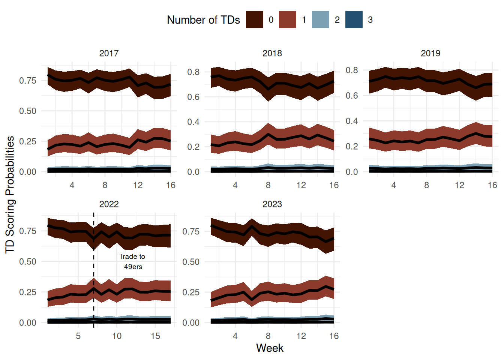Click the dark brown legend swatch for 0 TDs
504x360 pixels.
click(x=254, y=19)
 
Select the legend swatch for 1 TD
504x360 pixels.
click(x=288, y=19)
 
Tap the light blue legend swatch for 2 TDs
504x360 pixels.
click(x=321, y=19)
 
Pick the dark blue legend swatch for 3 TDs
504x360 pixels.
click(x=354, y=19)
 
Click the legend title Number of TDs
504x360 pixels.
click(x=203, y=20)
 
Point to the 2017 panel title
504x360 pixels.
click(x=109, y=53)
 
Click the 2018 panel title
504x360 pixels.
click(x=272, y=53)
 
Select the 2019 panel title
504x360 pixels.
click(x=430, y=53)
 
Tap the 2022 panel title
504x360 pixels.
click(x=109, y=204)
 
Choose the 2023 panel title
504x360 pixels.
click(x=272, y=204)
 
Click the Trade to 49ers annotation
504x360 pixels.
click(x=132, y=261)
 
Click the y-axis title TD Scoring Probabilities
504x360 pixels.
click(x=10, y=195)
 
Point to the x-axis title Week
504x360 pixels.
click(x=270, y=348)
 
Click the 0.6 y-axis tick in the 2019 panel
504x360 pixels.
click(x=352, y=96)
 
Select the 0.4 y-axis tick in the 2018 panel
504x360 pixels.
click(x=193, y=122)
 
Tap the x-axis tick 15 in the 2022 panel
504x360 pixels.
click(x=155, y=336)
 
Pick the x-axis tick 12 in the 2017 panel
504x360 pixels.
click(x=138, y=185)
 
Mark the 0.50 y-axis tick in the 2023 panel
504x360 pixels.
click(x=191, y=262)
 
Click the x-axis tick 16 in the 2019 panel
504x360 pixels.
click(x=492, y=185)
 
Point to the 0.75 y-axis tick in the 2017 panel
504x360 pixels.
click(x=28, y=81)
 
